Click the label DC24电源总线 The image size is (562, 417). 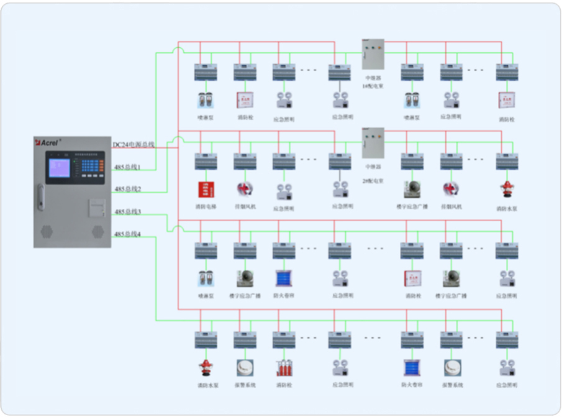133,145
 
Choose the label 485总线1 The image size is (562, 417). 127,167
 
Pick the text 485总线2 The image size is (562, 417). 127,189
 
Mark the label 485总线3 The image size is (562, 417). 127,213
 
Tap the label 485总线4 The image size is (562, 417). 127,234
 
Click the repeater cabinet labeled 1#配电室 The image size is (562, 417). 373,54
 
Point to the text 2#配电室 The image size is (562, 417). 373,181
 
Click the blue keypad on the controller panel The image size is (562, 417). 91,166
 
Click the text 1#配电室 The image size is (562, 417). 373,86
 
